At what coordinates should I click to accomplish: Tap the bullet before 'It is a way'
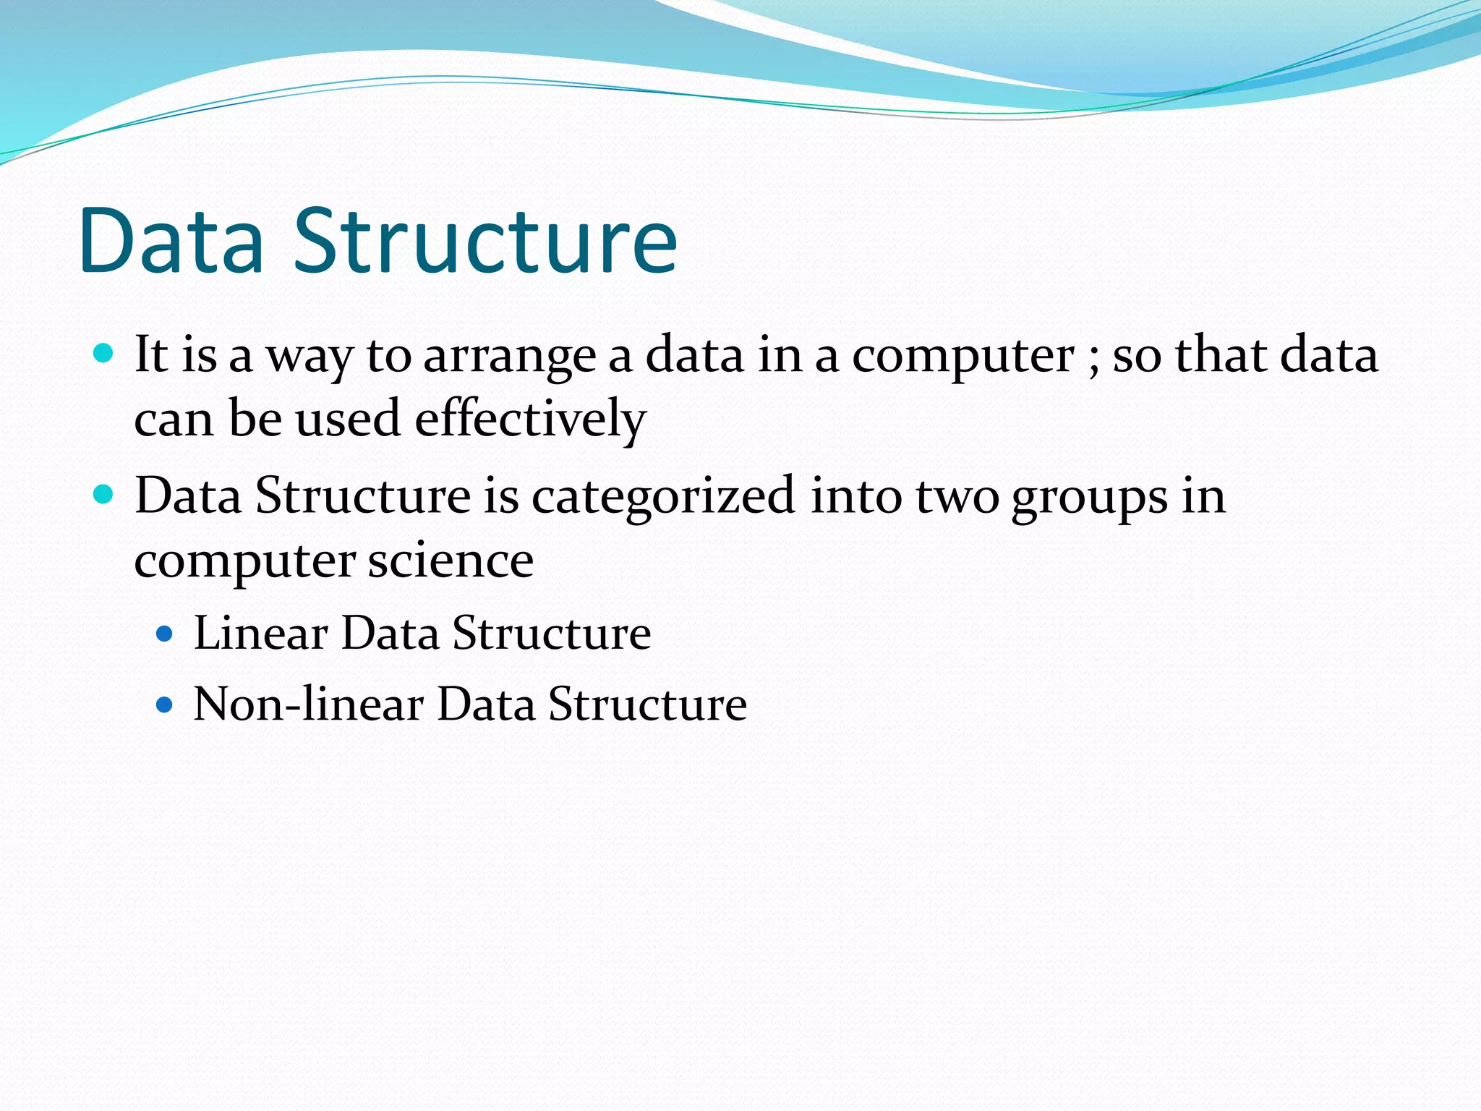104,354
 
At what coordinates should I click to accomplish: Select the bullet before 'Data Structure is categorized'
104,495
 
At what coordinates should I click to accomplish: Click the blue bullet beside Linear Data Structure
165,634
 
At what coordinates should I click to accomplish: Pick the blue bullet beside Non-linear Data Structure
165,705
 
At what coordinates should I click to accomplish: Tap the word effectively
530,420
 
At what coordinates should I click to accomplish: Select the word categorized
663,498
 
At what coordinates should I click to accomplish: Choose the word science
450,561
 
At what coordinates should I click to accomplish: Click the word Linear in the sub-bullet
261,634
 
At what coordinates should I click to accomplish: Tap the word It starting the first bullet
151,355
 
